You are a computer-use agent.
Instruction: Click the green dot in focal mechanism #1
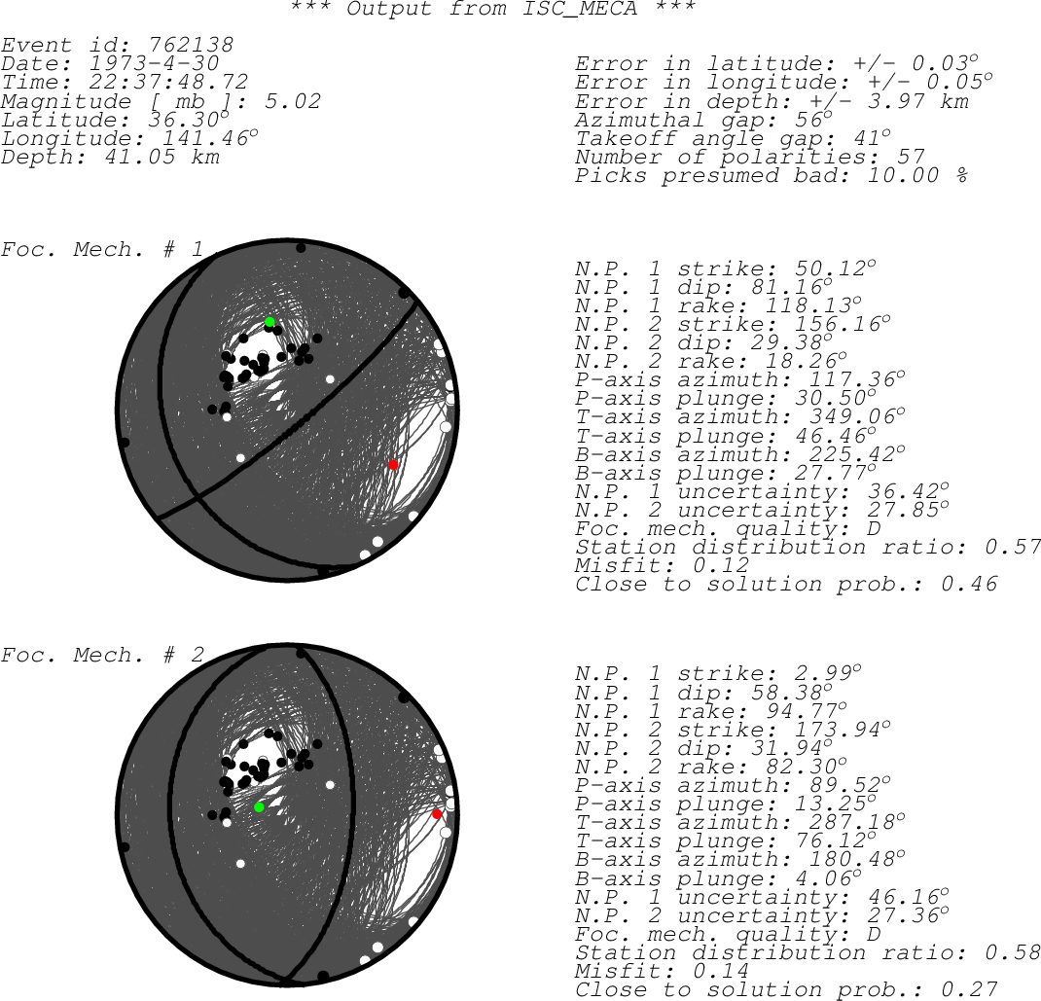(269, 322)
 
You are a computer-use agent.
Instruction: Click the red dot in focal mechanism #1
(393, 465)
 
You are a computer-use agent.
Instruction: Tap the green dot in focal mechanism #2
(259, 807)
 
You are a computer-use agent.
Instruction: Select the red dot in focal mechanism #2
(437, 814)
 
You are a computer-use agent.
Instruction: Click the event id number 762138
(192, 45)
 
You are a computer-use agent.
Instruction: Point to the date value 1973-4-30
(154, 64)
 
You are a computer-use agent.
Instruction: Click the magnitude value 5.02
(293, 101)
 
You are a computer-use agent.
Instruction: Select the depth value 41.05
(140, 157)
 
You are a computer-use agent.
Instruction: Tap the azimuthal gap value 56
(808, 120)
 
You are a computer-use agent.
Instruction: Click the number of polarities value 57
(911, 157)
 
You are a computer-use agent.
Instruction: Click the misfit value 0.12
(721, 565)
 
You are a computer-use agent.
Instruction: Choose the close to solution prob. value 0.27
(969, 989)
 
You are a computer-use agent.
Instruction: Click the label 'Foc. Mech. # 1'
(102, 250)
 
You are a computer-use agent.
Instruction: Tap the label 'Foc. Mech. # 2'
(102, 655)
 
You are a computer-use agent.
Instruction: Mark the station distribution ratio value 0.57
(1013, 547)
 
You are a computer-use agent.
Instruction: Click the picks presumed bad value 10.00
(903, 175)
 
